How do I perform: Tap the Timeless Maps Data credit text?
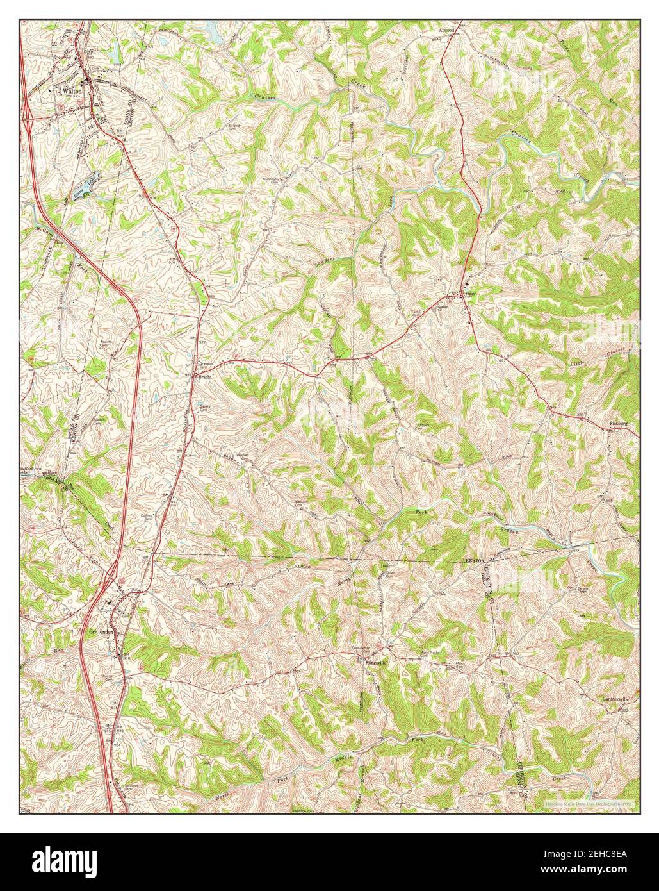coord(589,803)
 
